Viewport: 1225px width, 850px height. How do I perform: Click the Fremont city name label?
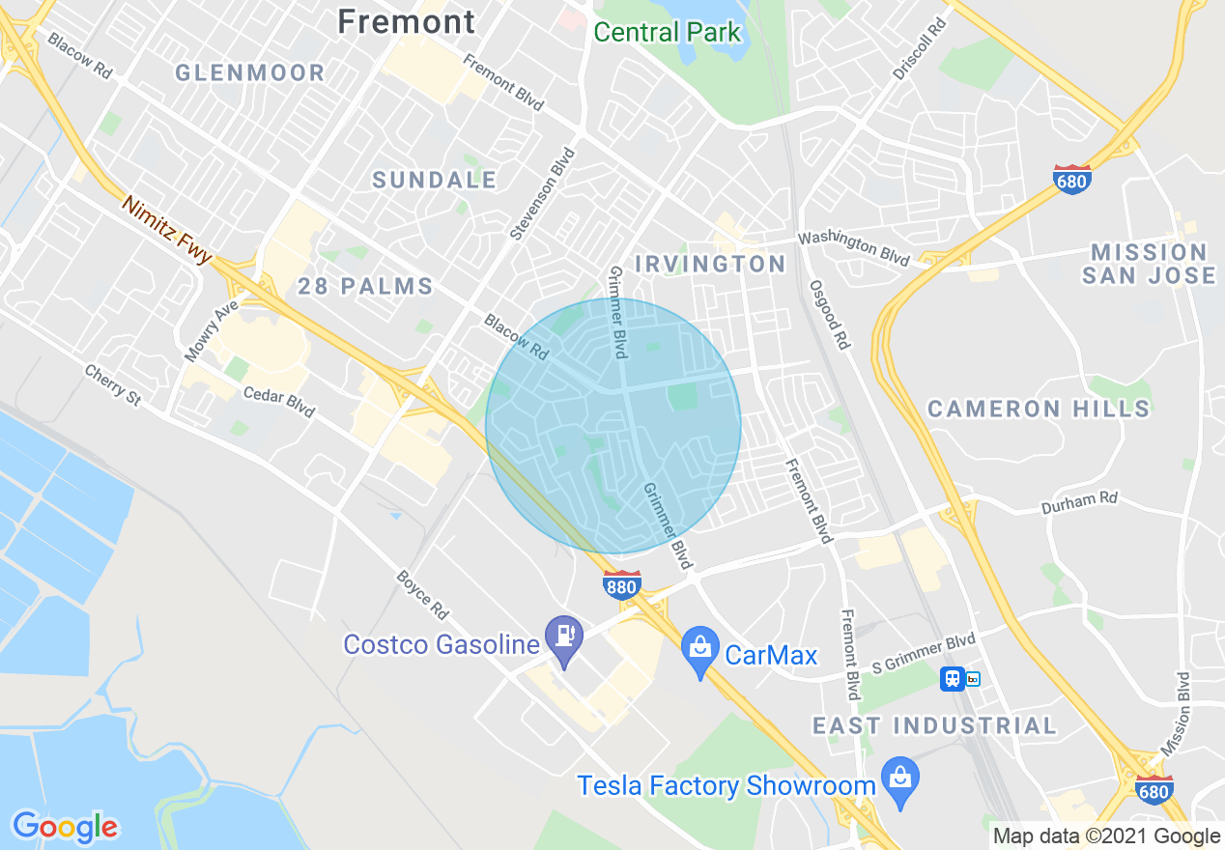click(407, 21)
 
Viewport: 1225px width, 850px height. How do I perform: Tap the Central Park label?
click(667, 32)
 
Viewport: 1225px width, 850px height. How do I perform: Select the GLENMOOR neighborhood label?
click(250, 72)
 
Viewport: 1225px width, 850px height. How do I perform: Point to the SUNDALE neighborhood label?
click(435, 180)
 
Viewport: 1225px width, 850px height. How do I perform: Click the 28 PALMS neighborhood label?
click(365, 286)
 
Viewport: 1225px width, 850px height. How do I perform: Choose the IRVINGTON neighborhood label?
click(710, 264)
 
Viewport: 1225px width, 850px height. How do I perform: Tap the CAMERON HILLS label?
click(1039, 409)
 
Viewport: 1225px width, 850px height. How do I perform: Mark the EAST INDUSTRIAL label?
click(934, 725)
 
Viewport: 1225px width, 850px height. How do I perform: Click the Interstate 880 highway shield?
click(621, 584)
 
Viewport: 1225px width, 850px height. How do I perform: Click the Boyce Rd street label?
click(423, 595)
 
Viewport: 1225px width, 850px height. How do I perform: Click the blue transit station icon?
click(953, 678)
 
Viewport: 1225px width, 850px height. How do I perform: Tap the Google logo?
click(65, 827)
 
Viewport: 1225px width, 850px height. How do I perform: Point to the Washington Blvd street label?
click(853, 248)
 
